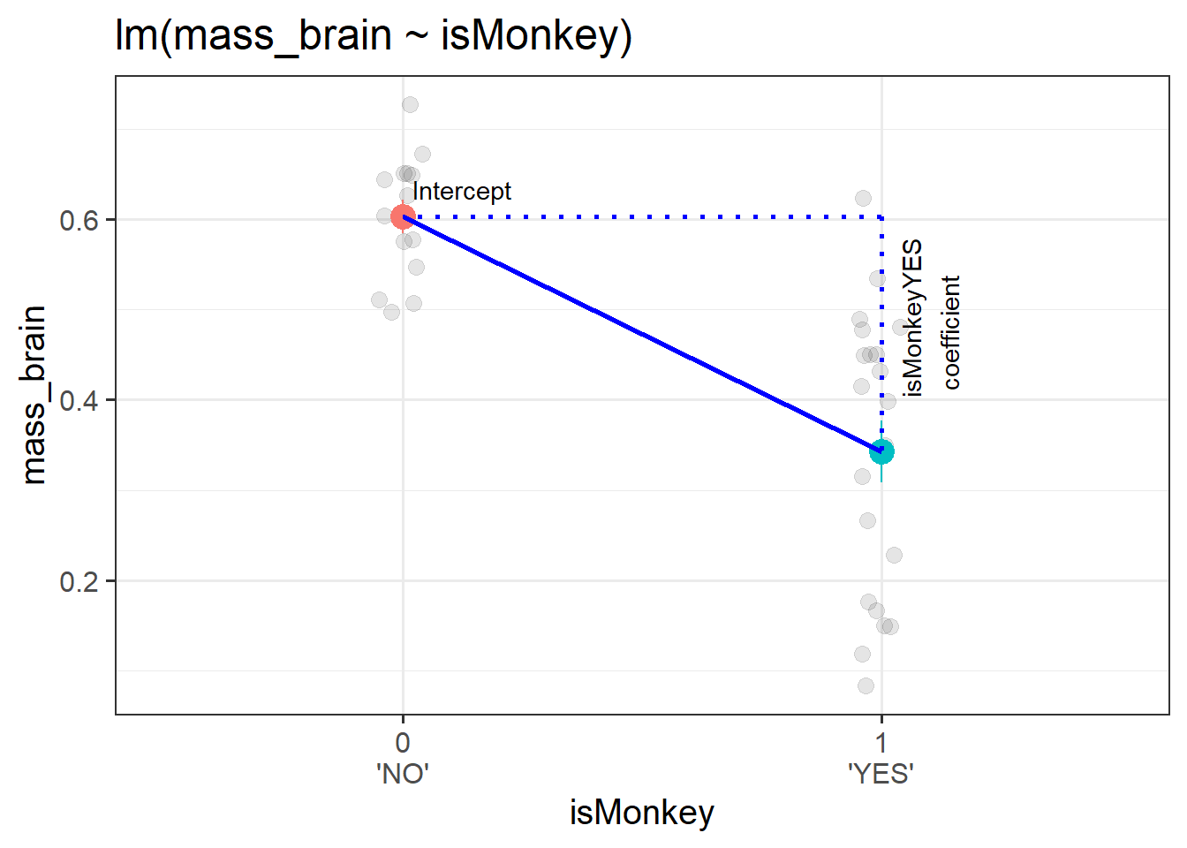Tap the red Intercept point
coord(403,216)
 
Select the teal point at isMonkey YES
coord(881,451)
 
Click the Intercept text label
coord(462,192)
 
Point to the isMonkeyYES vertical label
coord(912,318)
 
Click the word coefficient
coord(951,332)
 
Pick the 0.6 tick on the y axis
coord(79,220)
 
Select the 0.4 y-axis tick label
coord(79,400)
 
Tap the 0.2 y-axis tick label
coord(79,581)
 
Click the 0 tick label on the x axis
coord(403,743)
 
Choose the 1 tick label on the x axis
coord(881,743)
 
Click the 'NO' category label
coord(403,774)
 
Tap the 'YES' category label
coord(881,774)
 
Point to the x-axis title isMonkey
coord(642,813)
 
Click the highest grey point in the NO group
coord(410,105)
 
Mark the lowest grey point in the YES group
coord(866,685)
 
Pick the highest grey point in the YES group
coord(863,199)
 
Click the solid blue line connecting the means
coord(642,334)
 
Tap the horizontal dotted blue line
coord(642,216)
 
